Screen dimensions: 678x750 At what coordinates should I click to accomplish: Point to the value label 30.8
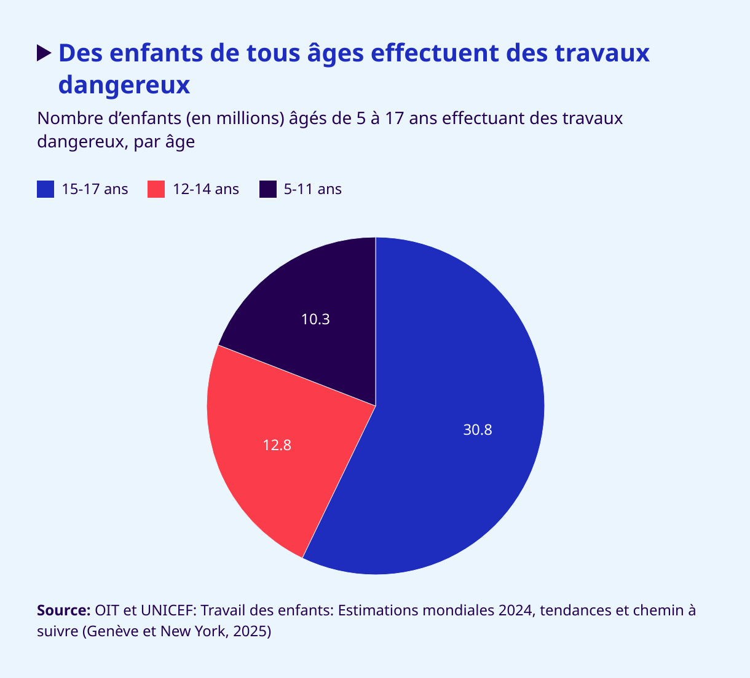[478, 430]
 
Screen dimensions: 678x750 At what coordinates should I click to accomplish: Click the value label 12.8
[277, 445]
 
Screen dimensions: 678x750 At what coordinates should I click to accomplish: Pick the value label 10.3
[315, 319]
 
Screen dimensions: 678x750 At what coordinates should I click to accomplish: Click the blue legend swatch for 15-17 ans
[45, 189]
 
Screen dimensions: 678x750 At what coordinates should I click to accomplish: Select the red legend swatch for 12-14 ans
[157, 189]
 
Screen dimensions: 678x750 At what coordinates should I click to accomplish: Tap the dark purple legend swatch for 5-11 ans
[268, 189]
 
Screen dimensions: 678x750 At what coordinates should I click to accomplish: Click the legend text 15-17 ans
[95, 189]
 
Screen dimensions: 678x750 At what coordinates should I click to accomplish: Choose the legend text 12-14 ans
[206, 189]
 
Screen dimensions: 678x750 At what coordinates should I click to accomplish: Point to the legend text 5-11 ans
[313, 189]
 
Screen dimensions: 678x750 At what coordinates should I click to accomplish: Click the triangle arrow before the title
[44, 53]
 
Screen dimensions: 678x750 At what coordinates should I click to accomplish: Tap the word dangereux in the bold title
[124, 85]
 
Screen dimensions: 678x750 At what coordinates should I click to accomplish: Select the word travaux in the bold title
[602, 53]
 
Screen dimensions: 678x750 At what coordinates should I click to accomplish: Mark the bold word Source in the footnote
[63, 610]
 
